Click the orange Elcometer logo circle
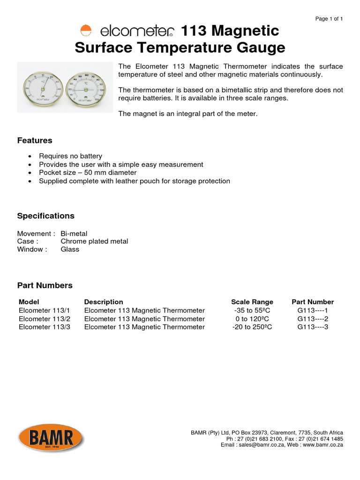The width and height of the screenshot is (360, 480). pyautogui.click(x=86, y=31)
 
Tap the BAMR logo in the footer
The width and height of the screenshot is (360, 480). pyautogui.click(x=51, y=438)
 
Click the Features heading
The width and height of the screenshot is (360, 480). pyautogui.click(x=35, y=141)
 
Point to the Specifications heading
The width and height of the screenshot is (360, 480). pyautogui.click(x=45, y=216)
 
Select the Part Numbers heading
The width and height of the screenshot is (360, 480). pyautogui.click(x=45, y=285)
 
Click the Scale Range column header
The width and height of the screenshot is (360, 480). pyautogui.click(x=252, y=302)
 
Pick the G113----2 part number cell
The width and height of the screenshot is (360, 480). pyautogui.click(x=313, y=319)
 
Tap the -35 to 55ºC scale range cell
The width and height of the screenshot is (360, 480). pyautogui.click(x=252, y=310)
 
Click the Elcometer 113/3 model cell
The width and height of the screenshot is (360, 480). pyautogui.click(x=44, y=327)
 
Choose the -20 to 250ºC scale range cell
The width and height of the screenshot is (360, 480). pyautogui.click(x=252, y=327)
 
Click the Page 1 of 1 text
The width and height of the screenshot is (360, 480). pyautogui.click(x=329, y=19)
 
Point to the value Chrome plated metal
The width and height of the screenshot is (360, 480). pyautogui.click(x=94, y=241)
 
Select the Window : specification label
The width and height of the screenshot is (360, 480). pyautogui.click(x=32, y=249)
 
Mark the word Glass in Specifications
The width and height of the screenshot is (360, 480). pyautogui.click(x=70, y=249)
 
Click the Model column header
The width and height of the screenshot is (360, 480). pyautogui.click(x=29, y=302)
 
